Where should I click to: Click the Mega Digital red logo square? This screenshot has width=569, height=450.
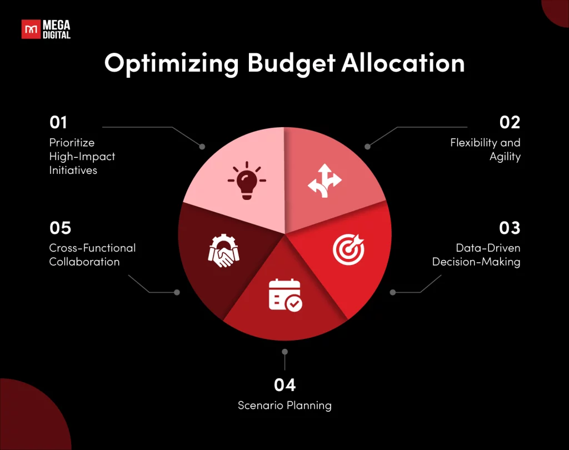point(31,29)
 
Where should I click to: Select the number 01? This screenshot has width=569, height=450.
point(58,123)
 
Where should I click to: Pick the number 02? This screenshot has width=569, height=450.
point(510,123)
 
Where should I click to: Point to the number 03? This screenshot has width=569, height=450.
point(510,228)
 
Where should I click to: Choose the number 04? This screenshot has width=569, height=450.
point(285,385)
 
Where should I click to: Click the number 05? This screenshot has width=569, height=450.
point(60,228)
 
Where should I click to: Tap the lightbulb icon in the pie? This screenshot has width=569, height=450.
point(247,181)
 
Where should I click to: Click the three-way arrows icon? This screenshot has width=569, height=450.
point(325,181)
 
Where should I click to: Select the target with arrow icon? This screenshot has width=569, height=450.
point(349,249)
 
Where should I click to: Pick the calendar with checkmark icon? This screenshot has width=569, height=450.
point(285,296)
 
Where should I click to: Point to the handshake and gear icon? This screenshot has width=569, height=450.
point(223,251)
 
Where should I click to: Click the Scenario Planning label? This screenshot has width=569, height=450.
point(285,406)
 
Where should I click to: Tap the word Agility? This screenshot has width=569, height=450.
point(505,157)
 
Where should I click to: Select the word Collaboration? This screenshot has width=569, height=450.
point(84,262)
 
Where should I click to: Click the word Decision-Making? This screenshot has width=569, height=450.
point(476,262)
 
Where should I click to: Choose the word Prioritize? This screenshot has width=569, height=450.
point(72,143)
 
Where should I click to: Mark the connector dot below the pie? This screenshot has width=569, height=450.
point(285,352)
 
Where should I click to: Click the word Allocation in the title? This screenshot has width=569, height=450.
point(403,63)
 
